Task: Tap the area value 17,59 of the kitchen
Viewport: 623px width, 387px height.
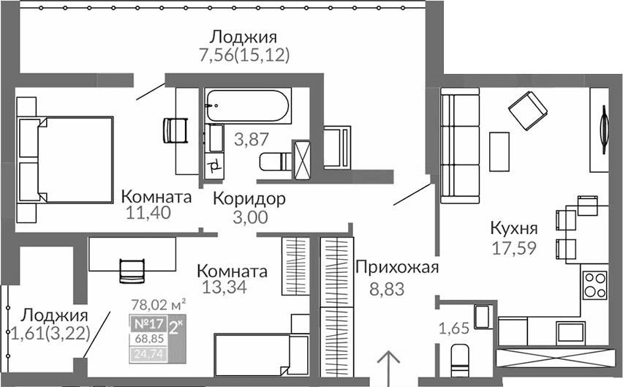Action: (x=513, y=247)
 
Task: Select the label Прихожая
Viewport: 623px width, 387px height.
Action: (x=396, y=267)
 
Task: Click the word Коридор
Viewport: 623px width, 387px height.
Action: (x=249, y=198)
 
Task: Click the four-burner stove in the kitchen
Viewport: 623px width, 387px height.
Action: (x=594, y=284)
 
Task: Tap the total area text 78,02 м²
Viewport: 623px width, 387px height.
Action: (x=158, y=301)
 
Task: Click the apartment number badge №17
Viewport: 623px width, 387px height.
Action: (x=148, y=323)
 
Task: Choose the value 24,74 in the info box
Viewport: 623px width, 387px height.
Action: (x=148, y=355)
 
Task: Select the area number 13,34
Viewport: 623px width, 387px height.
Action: (x=223, y=287)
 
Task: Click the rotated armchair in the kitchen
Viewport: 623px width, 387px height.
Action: (x=527, y=111)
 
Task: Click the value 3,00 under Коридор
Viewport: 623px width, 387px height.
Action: (x=250, y=217)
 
